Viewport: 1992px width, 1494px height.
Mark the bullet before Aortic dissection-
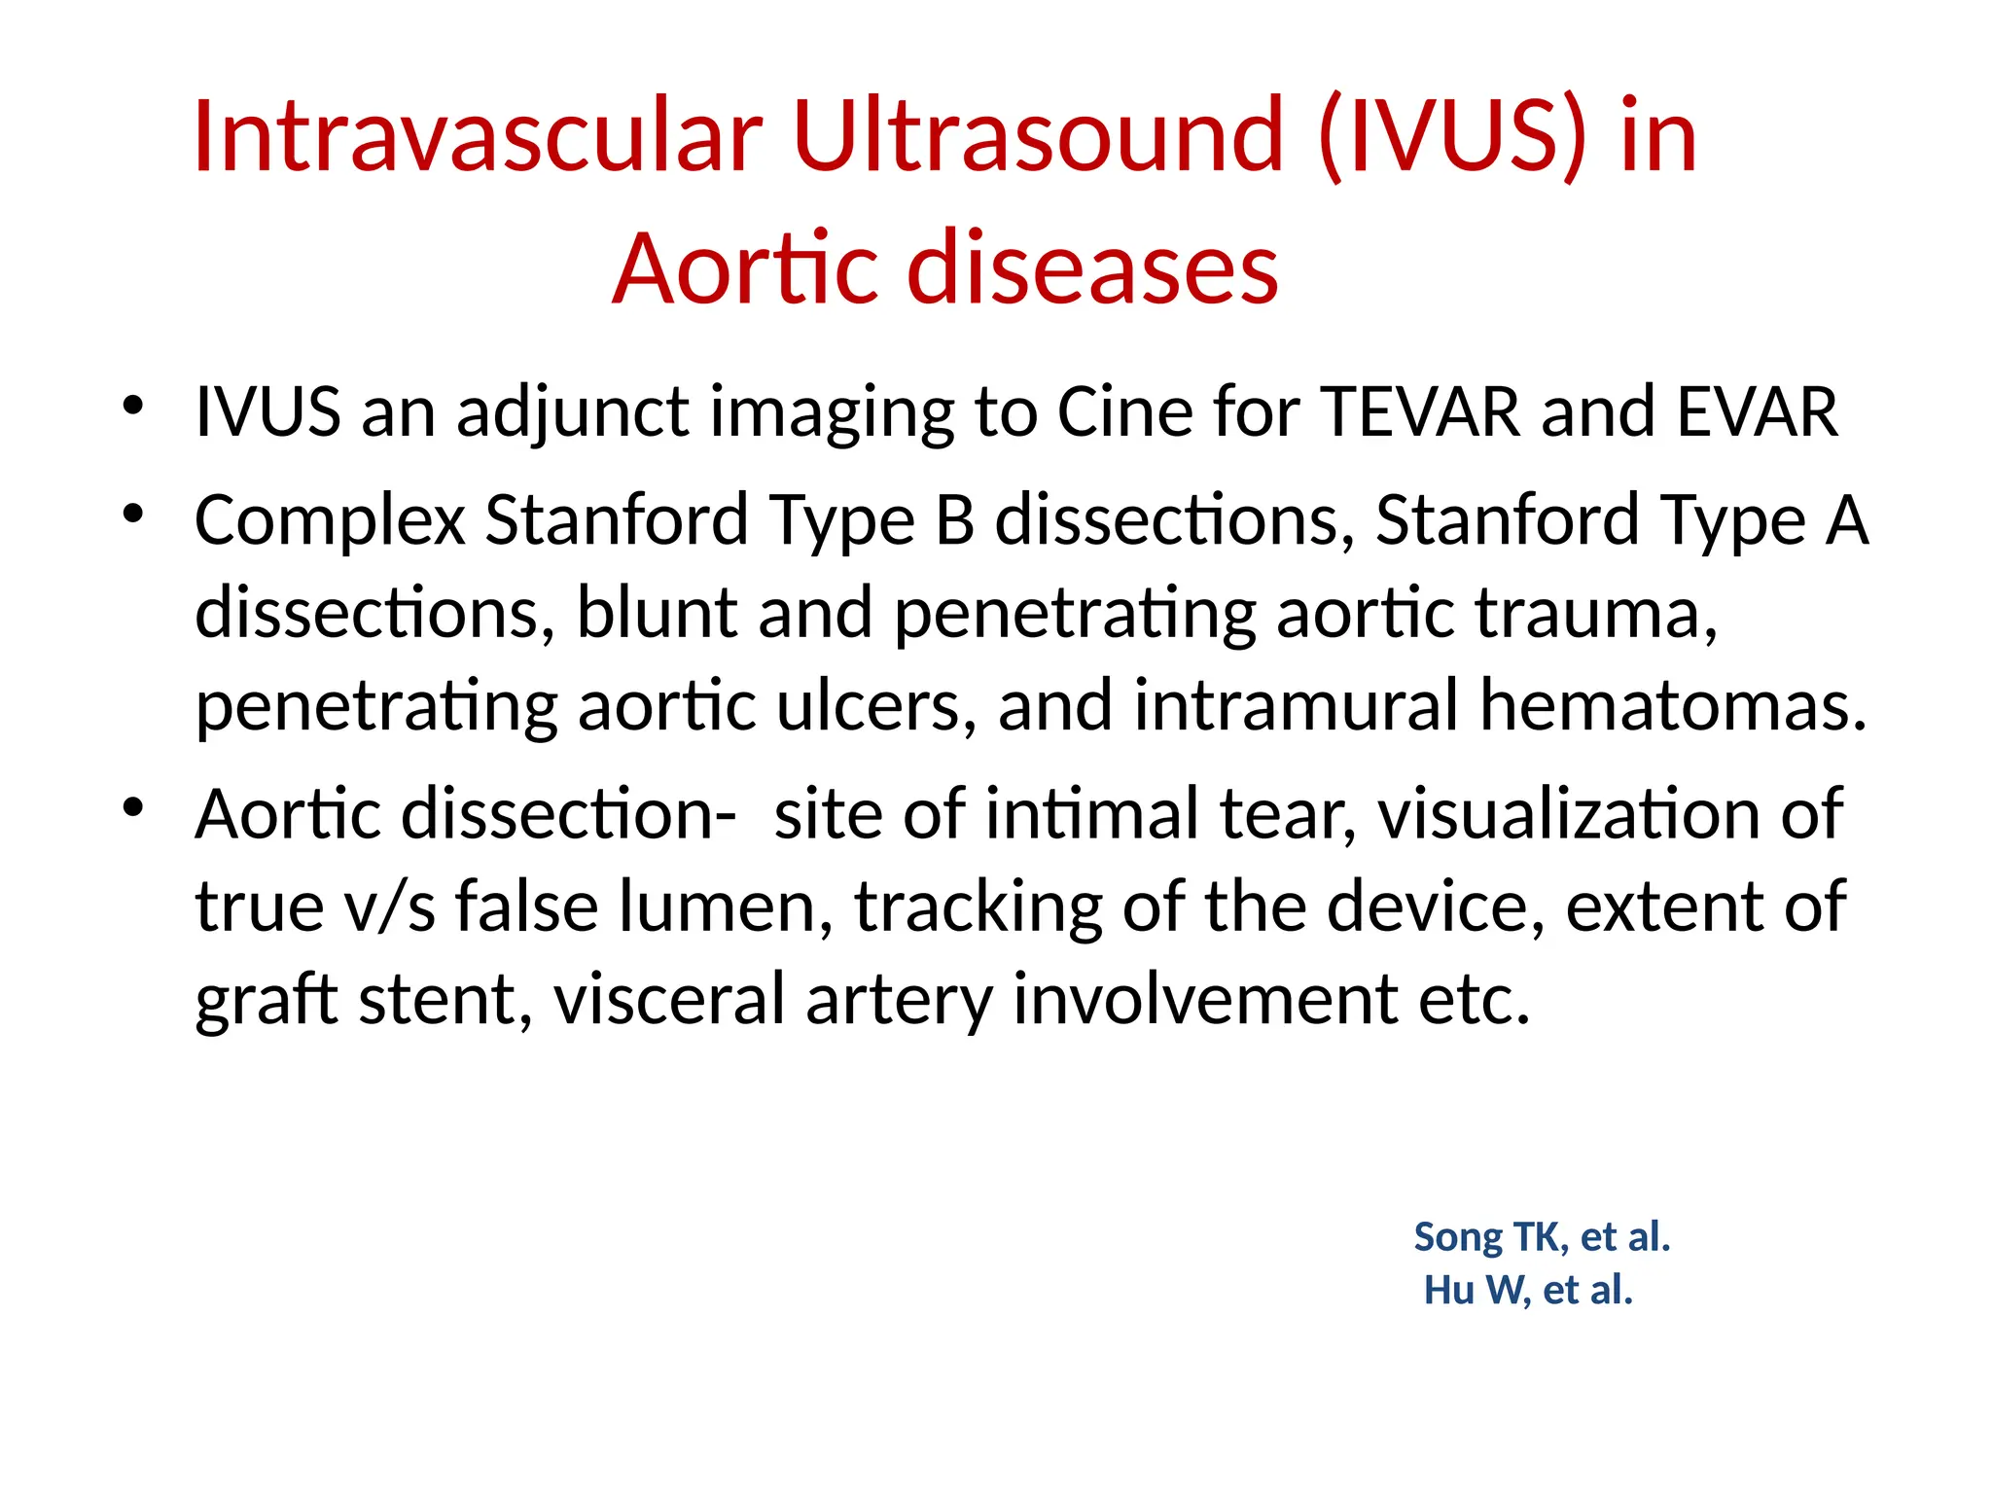133,807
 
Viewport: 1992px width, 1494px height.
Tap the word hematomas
1672,706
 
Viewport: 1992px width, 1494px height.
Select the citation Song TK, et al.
1542,1237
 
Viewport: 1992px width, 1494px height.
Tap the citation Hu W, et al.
1528,1291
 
